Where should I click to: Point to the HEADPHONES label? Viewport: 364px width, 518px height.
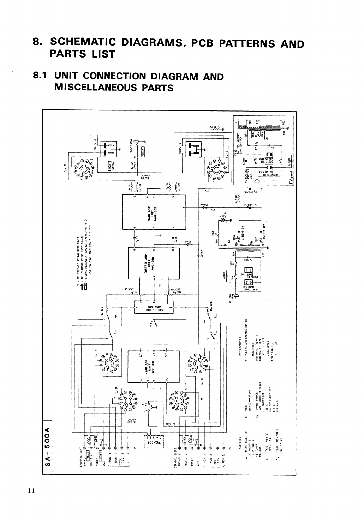[131, 145]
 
